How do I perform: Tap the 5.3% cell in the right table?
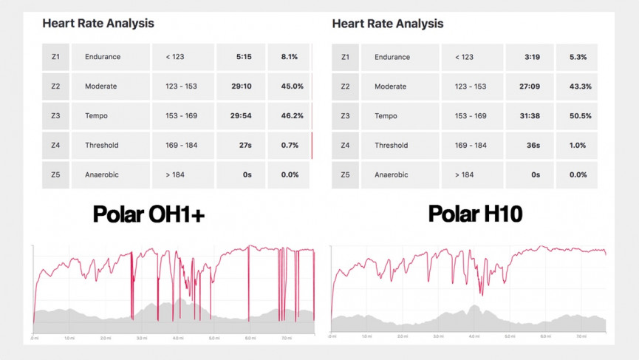click(577, 57)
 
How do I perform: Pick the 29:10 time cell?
click(242, 86)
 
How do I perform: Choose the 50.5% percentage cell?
click(577, 116)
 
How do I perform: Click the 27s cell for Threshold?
click(244, 146)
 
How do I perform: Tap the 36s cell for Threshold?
click(533, 146)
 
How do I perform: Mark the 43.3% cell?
click(577, 86)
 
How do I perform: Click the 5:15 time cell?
click(244, 57)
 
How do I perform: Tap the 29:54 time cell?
click(242, 116)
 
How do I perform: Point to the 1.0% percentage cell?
click(577, 146)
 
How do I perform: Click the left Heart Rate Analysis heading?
click(98, 23)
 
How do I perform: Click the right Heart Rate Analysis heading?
click(388, 23)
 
